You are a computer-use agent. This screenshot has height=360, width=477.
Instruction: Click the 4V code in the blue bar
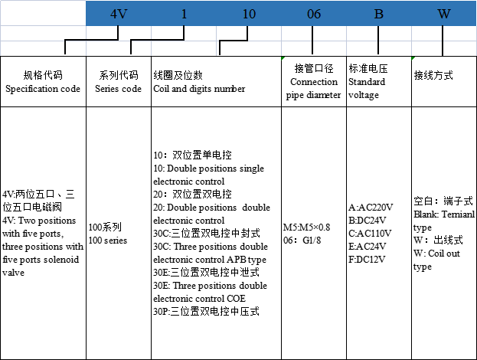click(x=118, y=12)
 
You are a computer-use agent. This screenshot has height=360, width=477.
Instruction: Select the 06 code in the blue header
click(x=314, y=12)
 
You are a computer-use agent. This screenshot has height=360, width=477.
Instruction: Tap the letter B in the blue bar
click(x=378, y=12)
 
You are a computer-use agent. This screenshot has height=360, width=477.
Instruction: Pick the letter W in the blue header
click(x=443, y=12)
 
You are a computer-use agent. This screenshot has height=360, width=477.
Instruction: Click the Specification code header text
click(x=43, y=89)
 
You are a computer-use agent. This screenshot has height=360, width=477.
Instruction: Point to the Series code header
click(x=118, y=89)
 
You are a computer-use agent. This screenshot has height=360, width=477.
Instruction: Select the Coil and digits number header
click(x=199, y=89)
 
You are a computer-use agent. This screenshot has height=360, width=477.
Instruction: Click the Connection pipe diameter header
click(x=315, y=89)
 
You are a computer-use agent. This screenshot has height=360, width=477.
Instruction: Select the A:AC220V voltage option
click(x=371, y=208)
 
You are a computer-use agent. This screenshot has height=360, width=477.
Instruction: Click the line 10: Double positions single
click(x=208, y=169)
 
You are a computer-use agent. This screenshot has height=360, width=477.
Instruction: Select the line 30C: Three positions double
click(x=211, y=247)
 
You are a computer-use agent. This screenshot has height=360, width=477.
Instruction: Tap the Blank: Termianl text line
click(x=444, y=214)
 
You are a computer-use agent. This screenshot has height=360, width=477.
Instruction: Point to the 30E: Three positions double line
click(x=211, y=286)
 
